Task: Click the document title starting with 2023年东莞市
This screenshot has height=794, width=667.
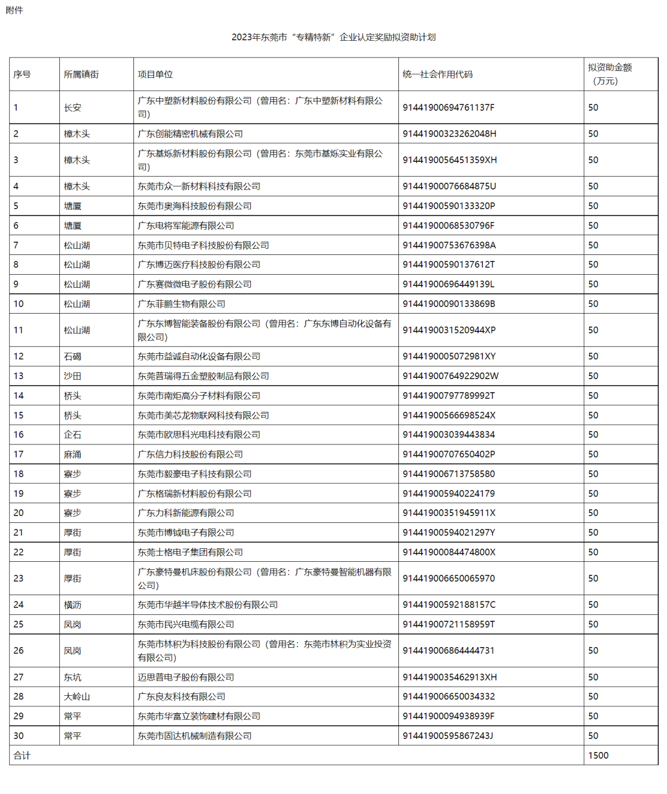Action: (x=333, y=37)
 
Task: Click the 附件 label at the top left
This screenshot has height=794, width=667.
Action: (x=14, y=10)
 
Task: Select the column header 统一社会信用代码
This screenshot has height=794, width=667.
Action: (x=437, y=74)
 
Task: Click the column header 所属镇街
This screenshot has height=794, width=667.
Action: (x=81, y=74)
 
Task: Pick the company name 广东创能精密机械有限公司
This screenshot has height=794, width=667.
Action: (x=190, y=134)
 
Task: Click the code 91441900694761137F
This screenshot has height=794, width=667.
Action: (x=448, y=107)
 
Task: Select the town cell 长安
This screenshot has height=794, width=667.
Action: (x=72, y=107)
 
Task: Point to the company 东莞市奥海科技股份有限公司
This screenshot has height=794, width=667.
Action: (x=195, y=206)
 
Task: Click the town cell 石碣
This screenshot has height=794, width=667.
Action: (x=72, y=356)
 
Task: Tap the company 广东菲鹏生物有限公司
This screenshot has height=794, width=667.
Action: (x=182, y=304)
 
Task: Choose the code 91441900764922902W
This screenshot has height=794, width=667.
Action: (x=451, y=376)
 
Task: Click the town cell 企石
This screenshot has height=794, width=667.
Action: (x=72, y=435)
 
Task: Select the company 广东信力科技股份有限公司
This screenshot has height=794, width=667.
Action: (x=190, y=454)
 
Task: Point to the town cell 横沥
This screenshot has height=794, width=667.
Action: (x=72, y=605)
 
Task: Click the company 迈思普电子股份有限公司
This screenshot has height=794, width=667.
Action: (x=186, y=677)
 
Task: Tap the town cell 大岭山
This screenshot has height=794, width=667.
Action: (x=77, y=696)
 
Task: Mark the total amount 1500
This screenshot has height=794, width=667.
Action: (x=598, y=755)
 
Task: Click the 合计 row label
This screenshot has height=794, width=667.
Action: (x=22, y=755)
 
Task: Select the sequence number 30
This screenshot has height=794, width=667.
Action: (x=19, y=736)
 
